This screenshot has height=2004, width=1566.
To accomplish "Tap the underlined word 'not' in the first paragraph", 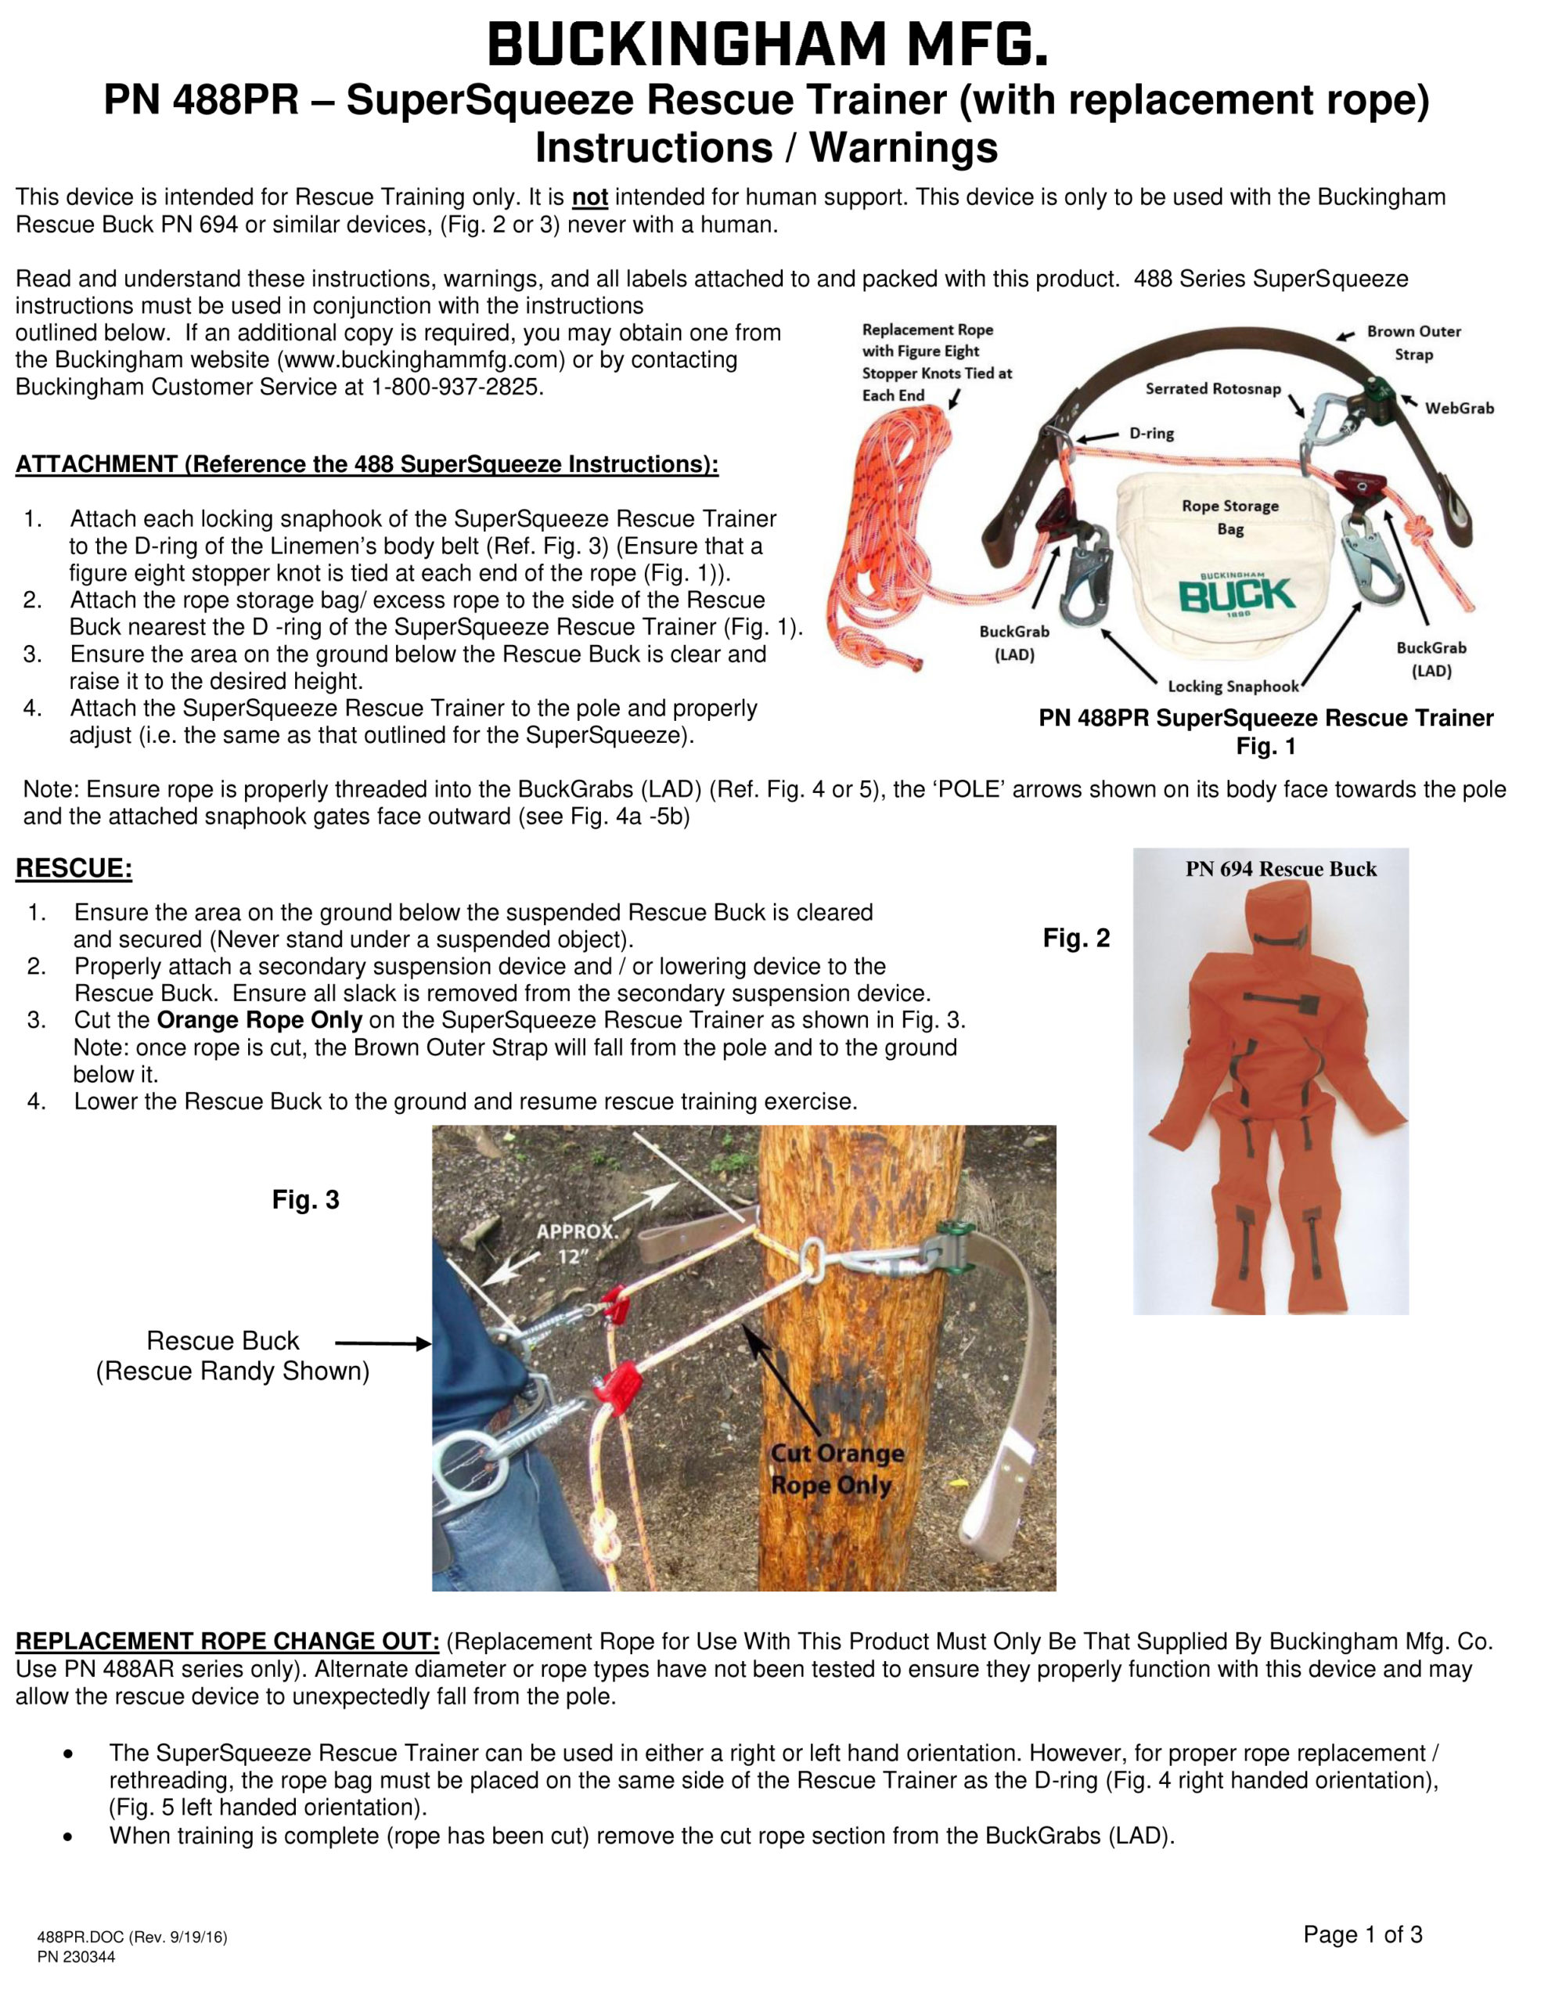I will pyautogui.click(x=590, y=197).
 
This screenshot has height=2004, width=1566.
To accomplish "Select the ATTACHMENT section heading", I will pyautogui.click(x=367, y=464).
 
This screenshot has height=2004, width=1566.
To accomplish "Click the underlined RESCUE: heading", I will pyautogui.click(x=74, y=868).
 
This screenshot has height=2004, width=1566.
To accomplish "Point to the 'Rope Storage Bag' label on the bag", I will pyautogui.click(x=1230, y=517).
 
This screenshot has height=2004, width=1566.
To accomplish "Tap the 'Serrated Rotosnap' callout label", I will pyautogui.click(x=1213, y=389).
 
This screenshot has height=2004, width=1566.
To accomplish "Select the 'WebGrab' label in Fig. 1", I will pyautogui.click(x=1459, y=409).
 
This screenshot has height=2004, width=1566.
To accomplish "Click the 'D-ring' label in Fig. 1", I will pyautogui.click(x=1151, y=433).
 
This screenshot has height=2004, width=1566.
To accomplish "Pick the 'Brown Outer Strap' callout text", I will pyautogui.click(x=1413, y=342).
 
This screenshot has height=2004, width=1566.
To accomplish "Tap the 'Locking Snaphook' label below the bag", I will pyautogui.click(x=1233, y=687).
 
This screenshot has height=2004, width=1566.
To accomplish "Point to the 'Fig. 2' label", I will pyautogui.click(x=1076, y=938).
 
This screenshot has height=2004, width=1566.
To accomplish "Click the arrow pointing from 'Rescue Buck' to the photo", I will pyautogui.click(x=383, y=1344).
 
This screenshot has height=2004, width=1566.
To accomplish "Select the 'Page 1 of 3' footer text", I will pyautogui.click(x=1363, y=1934).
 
